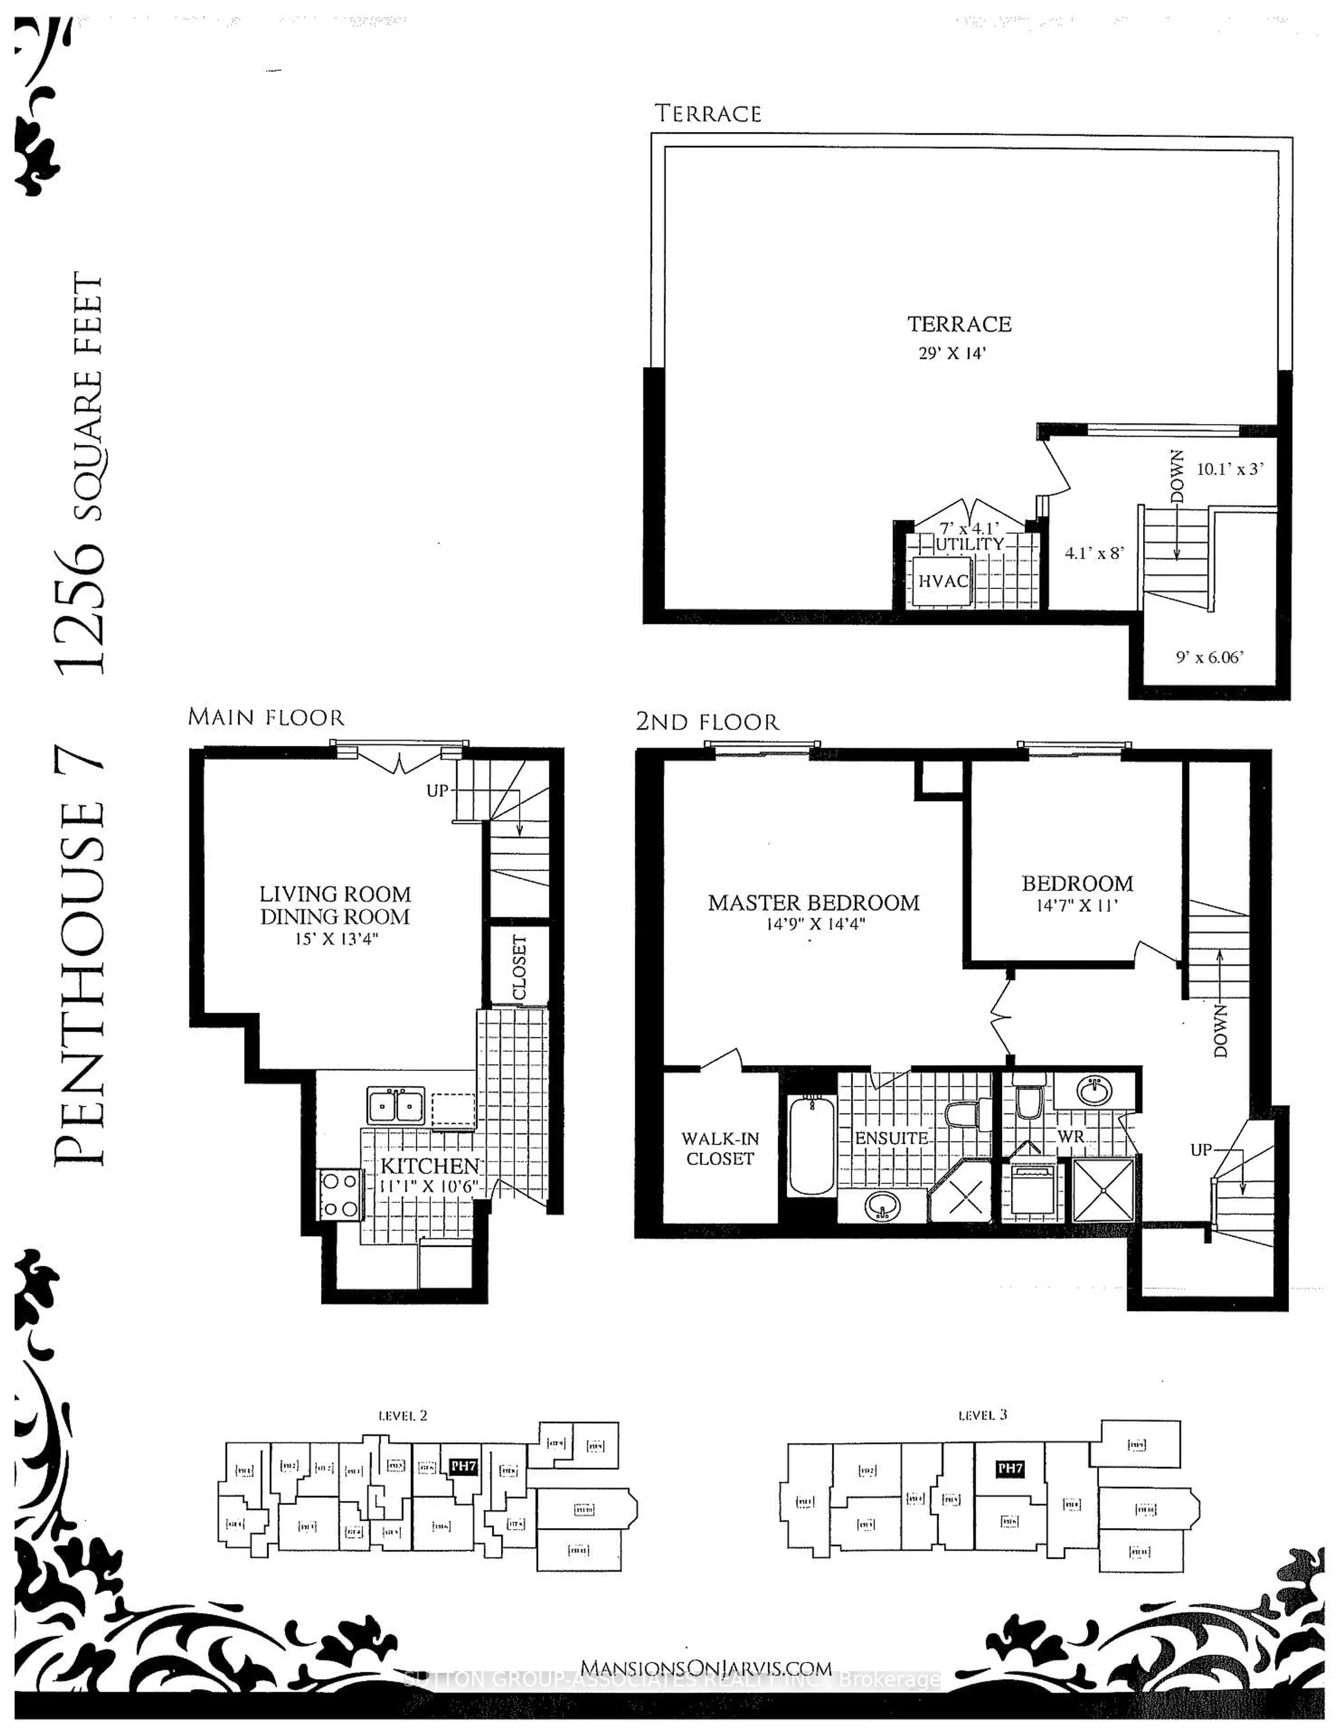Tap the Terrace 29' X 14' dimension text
tap(952, 353)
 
